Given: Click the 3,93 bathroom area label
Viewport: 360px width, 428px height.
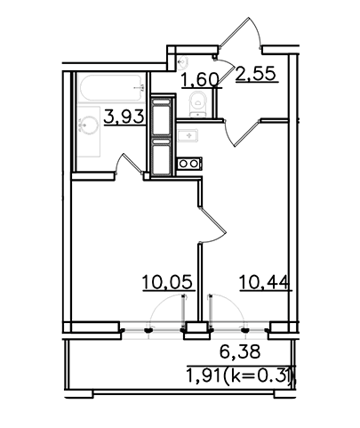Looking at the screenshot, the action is [124, 117].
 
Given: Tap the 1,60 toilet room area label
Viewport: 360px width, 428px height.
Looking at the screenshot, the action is [200, 79].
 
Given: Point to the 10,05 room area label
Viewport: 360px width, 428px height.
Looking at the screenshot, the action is [168, 282].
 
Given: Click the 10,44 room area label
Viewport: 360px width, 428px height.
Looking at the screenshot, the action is [263, 282].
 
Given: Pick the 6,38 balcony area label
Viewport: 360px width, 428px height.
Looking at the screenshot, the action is [240, 351].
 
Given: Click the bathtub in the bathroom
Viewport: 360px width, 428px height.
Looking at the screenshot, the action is [111, 88].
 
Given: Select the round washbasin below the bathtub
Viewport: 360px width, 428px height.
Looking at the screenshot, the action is [89, 125].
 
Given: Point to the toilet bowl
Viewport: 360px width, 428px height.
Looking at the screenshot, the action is [197, 104].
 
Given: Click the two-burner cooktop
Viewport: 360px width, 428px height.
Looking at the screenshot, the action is [189, 164].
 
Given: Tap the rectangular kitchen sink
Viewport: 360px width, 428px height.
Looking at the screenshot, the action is [188, 135].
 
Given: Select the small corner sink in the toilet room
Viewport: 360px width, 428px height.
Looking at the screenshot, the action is [181, 61].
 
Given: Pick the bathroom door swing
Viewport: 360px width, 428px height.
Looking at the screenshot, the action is [129, 163].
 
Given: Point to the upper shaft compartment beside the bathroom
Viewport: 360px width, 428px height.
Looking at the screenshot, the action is [162, 117].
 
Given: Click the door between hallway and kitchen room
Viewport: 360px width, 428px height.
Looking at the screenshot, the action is [243, 133].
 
